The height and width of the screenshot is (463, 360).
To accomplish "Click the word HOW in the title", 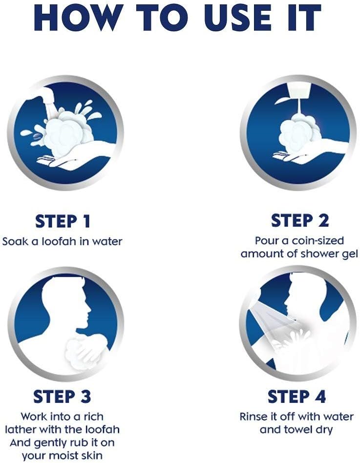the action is [x=78, y=18].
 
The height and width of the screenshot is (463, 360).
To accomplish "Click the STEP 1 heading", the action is [x=62, y=221].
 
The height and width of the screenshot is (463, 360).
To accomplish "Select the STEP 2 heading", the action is [x=299, y=220].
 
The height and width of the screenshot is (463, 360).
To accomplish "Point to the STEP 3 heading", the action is [x=62, y=397].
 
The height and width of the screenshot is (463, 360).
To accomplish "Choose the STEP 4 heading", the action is [x=296, y=397].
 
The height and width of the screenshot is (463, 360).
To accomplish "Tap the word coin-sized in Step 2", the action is [x=318, y=241].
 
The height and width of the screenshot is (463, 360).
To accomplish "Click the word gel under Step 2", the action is [x=350, y=254].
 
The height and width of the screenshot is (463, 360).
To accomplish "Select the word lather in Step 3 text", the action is [x=21, y=429].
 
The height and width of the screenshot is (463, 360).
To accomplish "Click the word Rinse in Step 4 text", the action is [x=254, y=417].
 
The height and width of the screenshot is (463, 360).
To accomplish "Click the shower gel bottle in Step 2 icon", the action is [x=298, y=92].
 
